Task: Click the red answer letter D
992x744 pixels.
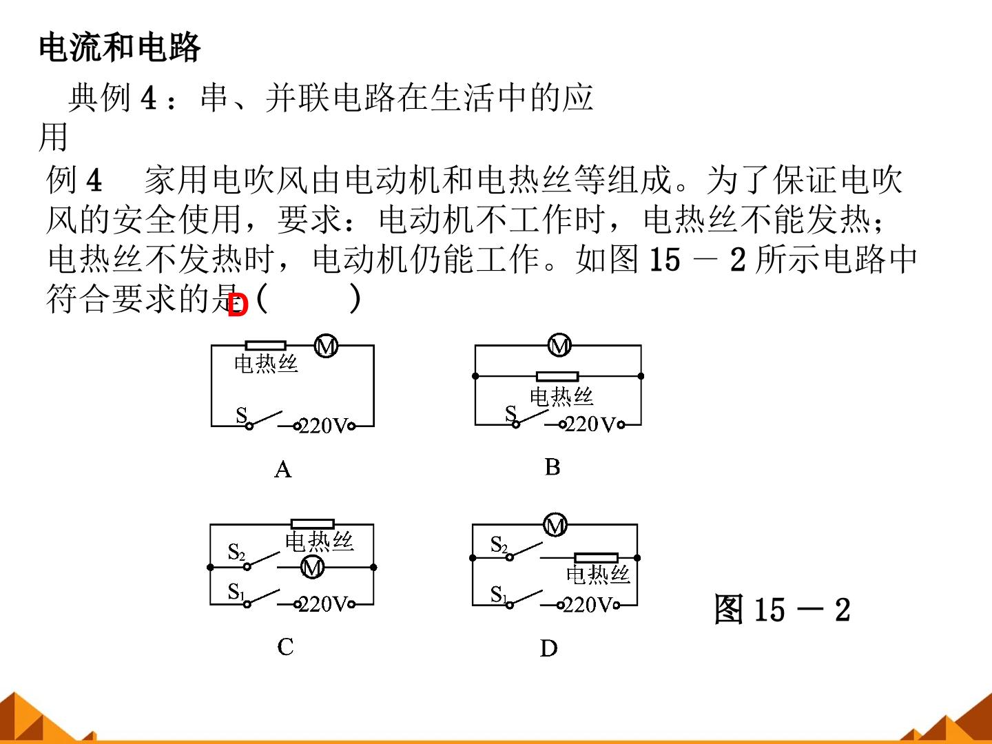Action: point(238,305)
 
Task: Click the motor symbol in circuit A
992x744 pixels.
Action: point(326,346)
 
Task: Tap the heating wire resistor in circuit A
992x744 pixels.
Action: point(265,346)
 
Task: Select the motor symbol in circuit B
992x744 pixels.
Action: point(559,345)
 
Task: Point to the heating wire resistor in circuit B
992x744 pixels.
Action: point(557,376)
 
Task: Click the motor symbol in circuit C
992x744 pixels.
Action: point(312,568)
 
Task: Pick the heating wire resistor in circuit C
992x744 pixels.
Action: point(313,524)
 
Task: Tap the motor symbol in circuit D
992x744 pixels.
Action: point(555,525)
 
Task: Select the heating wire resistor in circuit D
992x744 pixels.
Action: point(596,558)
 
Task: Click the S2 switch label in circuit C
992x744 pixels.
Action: point(236,552)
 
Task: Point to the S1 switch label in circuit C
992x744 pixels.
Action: point(236,591)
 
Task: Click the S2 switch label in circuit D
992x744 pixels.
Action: point(499,544)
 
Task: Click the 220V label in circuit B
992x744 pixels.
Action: point(590,424)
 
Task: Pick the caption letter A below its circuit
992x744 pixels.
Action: point(283,469)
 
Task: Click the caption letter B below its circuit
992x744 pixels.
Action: point(552,467)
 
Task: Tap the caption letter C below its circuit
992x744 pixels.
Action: point(285,646)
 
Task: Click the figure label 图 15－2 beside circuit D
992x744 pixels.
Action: point(782,610)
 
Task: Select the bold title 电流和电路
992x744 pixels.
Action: point(119,47)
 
